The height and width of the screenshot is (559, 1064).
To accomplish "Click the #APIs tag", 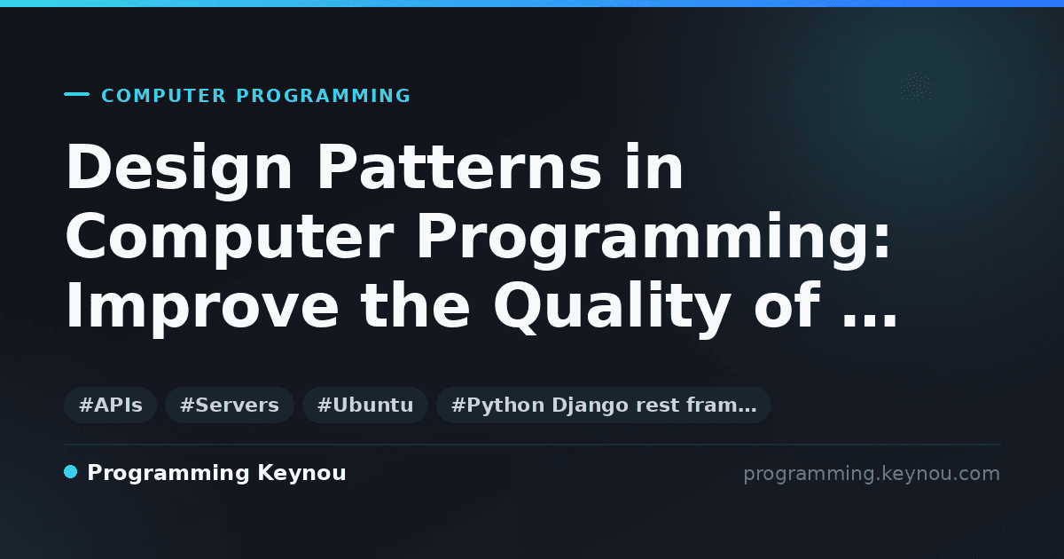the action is click(110, 405).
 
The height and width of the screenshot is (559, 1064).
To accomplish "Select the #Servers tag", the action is click(230, 405).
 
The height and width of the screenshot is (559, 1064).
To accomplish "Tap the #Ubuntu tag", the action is click(365, 405).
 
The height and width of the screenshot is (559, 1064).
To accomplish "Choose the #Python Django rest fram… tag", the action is click(604, 405).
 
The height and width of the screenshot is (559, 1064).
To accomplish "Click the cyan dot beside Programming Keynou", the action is click(71, 472).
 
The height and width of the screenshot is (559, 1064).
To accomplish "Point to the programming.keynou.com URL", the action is click(872, 474).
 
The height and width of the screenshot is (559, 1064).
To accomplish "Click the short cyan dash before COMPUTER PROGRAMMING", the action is click(76, 94).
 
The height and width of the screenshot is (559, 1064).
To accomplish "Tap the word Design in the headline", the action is click(179, 169).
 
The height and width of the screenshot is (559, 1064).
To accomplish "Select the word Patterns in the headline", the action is click(459, 167).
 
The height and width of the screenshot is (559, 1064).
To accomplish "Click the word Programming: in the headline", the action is click(653, 240).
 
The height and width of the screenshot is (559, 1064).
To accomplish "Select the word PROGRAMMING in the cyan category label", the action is click(324, 96).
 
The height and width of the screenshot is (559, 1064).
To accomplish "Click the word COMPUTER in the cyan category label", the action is click(164, 96).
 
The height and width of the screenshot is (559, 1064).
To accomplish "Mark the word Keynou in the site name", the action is click(301, 474).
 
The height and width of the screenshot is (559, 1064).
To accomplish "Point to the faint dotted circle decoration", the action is click(916, 87).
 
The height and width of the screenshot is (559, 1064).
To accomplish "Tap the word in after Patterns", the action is click(654, 167).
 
